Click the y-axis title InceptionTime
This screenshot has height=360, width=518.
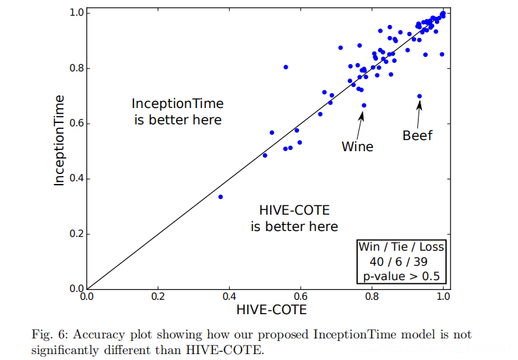[60, 140]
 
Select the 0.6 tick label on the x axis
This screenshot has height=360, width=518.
[300, 296]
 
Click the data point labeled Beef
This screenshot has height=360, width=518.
[419, 96]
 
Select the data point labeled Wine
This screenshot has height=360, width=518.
[364, 105]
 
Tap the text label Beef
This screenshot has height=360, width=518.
[417, 136]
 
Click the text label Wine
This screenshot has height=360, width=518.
[357, 147]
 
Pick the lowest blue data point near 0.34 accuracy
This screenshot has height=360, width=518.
[220, 196]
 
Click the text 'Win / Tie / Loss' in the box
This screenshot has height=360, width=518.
[400, 247]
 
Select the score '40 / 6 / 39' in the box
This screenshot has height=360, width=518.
[399, 261]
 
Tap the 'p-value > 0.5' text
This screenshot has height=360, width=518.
[401, 276]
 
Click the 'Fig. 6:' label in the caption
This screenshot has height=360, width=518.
[49, 334]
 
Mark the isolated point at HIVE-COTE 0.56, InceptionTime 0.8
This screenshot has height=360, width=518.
[285, 67]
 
